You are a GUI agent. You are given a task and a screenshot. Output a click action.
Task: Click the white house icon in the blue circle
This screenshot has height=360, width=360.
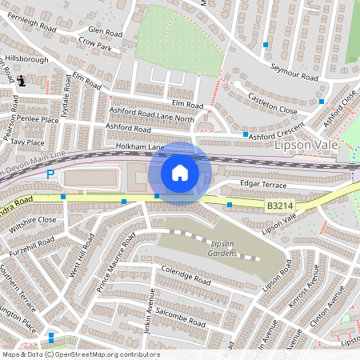[179, 173]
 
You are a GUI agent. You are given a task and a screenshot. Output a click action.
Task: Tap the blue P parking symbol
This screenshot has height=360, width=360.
[50, 174]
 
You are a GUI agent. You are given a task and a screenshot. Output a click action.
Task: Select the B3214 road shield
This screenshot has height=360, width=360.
[279, 206]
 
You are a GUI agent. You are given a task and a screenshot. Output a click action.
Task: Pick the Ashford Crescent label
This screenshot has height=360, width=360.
[276, 135]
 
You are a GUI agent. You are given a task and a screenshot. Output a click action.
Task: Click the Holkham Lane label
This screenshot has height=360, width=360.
[140, 147]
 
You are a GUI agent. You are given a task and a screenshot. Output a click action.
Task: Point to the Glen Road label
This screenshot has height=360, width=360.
[105, 31]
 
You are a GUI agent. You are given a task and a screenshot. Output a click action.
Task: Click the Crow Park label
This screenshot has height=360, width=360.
[96, 47]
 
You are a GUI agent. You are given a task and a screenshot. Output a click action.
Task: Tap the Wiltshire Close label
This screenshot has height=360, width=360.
[31, 218]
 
